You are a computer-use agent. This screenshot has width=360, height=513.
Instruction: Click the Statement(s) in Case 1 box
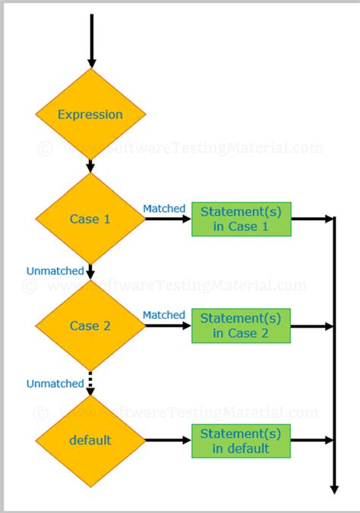(241, 219)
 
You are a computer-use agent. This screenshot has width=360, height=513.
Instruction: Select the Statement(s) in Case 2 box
(241, 326)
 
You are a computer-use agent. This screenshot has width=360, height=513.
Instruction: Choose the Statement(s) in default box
(241, 440)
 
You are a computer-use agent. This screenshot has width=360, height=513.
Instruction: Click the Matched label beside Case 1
(163, 208)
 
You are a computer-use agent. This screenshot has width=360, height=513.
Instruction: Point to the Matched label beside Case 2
(163, 315)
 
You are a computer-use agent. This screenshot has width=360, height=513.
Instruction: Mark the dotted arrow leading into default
(90, 382)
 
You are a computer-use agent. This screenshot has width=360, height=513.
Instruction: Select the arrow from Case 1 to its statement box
(167, 219)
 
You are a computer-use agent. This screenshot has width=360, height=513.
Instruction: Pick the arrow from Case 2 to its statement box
(167, 326)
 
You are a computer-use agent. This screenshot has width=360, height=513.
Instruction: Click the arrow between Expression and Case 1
(90, 165)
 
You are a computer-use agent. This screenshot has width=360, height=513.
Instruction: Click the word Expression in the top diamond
(90, 115)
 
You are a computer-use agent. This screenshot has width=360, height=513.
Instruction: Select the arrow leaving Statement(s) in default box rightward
(312, 440)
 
